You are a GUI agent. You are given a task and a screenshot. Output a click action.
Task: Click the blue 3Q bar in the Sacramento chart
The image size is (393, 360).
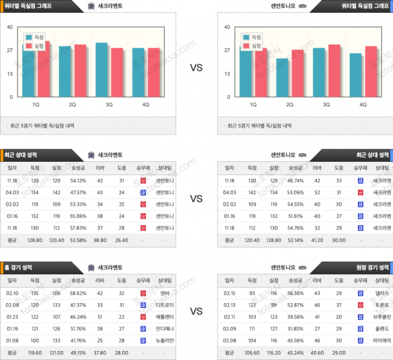pyautogui.click(x=102, y=69)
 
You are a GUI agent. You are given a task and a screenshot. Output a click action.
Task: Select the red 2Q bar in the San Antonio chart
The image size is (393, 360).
pyautogui.click(x=297, y=73)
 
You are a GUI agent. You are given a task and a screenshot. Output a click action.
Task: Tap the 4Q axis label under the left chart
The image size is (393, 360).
pyautogui.click(x=146, y=104)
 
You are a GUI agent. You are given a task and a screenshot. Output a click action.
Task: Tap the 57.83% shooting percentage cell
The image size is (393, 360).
pyautogui.click(x=79, y=228)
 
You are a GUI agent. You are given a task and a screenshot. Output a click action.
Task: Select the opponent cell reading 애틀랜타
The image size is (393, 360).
pyautogui.click(x=165, y=317)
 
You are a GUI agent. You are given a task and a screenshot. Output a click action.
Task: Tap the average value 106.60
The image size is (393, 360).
pyautogui.click(x=252, y=353)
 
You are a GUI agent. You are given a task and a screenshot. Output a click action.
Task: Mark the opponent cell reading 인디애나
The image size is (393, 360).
pyautogui.click(x=165, y=329)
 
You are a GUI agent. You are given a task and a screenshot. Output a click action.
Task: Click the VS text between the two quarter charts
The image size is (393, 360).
pyautogui.click(x=197, y=68)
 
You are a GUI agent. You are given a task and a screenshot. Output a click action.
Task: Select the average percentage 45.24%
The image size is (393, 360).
pyautogui.click(x=296, y=353)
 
